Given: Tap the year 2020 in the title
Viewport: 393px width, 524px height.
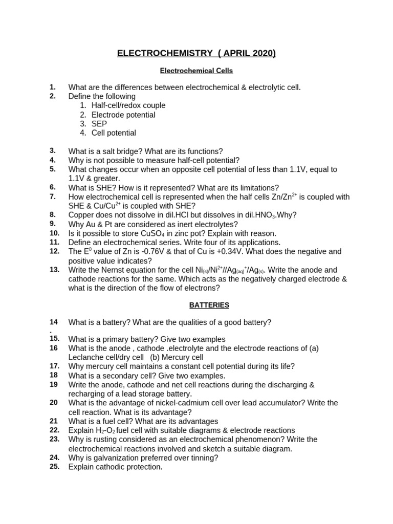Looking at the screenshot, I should (261, 54).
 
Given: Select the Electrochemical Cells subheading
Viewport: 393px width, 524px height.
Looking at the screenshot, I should (196, 71).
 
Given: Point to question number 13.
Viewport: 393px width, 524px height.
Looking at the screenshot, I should (55, 270).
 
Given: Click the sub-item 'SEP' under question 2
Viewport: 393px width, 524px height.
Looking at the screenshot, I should (99, 124).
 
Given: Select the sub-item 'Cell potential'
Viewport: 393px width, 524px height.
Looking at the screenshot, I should (114, 133).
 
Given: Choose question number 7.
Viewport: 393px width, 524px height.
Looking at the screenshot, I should (53, 196).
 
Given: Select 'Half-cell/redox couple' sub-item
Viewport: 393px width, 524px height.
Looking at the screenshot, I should (128, 105).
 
